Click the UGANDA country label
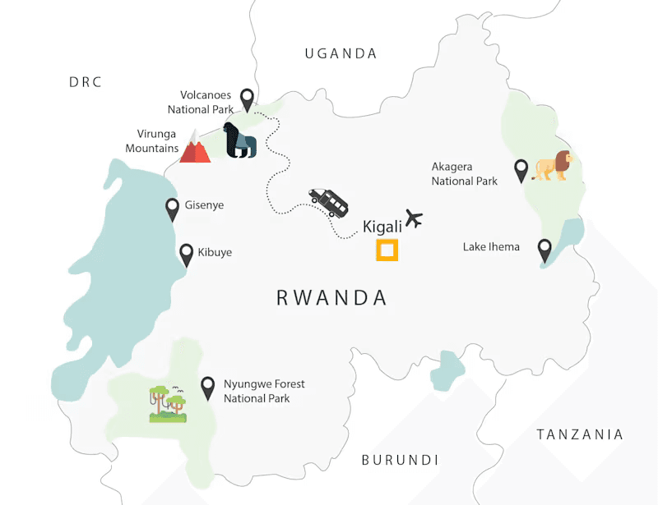[341, 54]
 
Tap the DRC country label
[86, 82]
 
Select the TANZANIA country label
[580, 434]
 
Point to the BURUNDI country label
[400, 460]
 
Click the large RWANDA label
[331, 297]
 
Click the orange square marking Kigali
[387, 250]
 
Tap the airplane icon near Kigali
[413, 219]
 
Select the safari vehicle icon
[329, 201]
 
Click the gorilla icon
[240, 141]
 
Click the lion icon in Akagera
[553, 165]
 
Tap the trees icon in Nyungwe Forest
[168, 404]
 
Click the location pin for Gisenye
[173, 209]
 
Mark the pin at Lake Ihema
[544, 250]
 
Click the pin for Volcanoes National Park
[247, 99]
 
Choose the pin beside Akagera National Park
[521, 170]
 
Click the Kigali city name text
[381, 227]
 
